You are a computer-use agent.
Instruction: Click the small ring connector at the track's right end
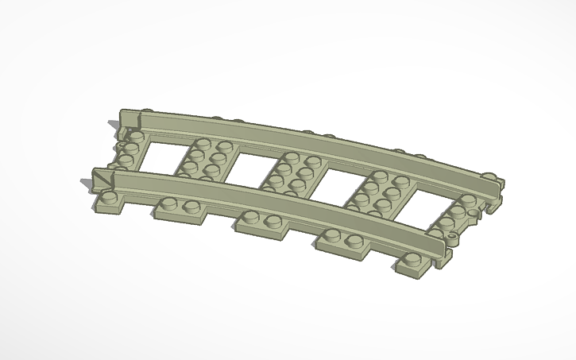[x=454, y=238]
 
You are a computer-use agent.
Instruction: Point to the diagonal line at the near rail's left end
[x=103, y=180]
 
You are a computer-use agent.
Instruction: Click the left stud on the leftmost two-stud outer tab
[x=169, y=204]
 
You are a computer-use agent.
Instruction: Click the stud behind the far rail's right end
[x=490, y=176]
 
